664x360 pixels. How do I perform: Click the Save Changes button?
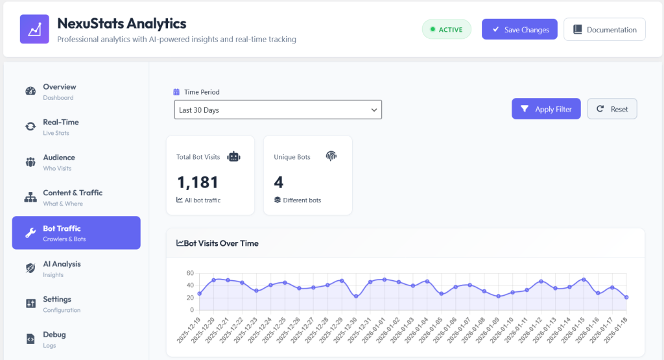(x=519, y=29)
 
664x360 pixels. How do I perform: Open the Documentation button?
(x=604, y=29)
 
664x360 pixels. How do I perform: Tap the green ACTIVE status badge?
(x=446, y=29)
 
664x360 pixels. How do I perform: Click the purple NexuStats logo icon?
(x=34, y=29)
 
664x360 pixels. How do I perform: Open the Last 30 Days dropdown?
(x=278, y=110)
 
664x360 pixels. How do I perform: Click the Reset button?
(x=612, y=109)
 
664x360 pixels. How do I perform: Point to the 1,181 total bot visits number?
(x=198, y=182)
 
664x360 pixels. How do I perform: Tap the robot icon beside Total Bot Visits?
(x=233, y=157)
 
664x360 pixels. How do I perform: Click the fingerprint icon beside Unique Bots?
(x=331, y=156)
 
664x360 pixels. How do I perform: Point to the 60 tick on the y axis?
(x=190, y=273)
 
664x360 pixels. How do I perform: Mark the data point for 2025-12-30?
(x=356, y=296)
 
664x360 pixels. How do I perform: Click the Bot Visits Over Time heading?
(x=217, y=243)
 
